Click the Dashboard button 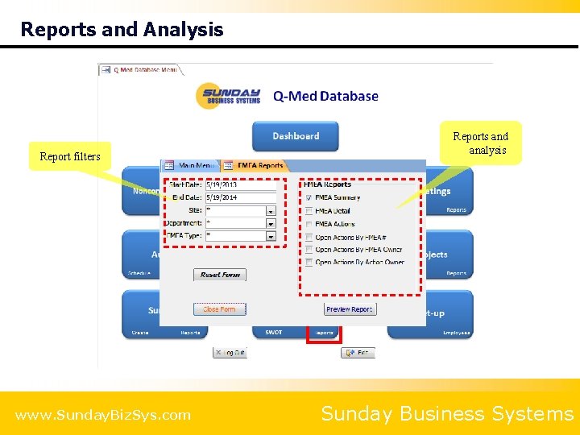295,136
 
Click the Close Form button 219,309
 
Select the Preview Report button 350,309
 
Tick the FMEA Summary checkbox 309,197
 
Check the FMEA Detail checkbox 309,211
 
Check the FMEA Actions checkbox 309,224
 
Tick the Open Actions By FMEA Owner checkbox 309,250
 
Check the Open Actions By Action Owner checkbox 309,263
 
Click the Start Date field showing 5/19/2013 240,185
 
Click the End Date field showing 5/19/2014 240,198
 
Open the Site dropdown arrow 271,211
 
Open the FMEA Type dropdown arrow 271,237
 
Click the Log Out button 230,353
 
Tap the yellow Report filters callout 70,156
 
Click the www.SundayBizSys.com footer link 103,416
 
